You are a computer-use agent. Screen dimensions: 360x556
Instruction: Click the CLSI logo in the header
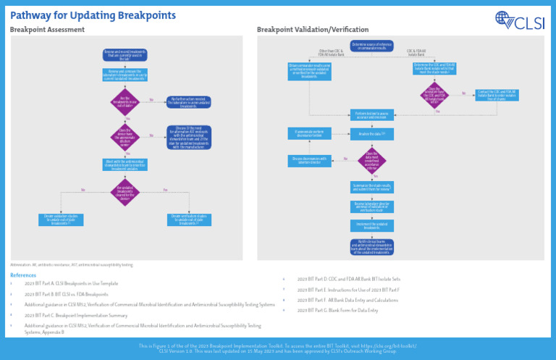pyautogui.click(x=521, y=21)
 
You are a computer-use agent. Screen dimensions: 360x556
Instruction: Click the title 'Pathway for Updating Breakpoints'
pyautogui.click(x=93, y=15)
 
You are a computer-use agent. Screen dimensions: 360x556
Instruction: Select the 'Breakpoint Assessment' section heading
pyautogui.click(x=47, y=30)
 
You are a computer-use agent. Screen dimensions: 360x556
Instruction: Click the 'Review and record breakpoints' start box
pyautogui.click(x=125, y=54)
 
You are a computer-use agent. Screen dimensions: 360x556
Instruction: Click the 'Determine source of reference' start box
pyautogui.click(x=371, y=46)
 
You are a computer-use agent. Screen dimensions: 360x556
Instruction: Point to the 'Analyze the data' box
pyautogui.click(x=371, y=134)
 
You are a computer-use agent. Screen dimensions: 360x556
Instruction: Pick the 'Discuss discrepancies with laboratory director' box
pyautogui.click(x=310, y=159)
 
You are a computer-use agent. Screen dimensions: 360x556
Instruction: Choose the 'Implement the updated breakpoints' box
pyautogui.click(x=371, y=226)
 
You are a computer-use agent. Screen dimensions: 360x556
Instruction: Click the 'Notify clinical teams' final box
pyautogui.click(x=371, y=247)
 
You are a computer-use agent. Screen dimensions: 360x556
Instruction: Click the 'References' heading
pyautogui.click(x=22, y=275)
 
